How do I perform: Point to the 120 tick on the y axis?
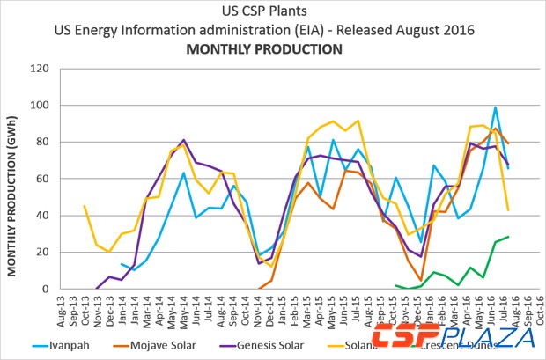pyautogui.click(x=38, y=69)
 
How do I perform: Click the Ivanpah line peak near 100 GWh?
pyautogui.click(x=496, y=107)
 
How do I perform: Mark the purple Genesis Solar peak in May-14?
pyautogui.click(x=183, y=140)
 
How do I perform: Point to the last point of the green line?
pyautogui.click(x=508, y=237)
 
